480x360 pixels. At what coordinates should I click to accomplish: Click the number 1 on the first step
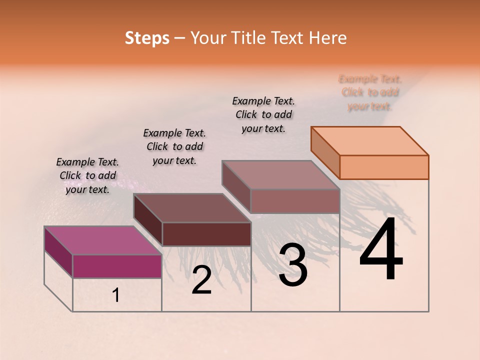point(116,295)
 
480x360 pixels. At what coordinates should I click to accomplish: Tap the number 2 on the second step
point(201,280)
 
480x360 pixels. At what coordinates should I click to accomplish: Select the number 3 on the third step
point(293,265)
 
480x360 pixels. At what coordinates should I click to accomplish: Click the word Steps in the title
point(147,38)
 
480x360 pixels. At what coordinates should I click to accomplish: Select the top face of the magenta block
point(102,240)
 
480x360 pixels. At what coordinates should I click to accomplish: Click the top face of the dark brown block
point(192,208)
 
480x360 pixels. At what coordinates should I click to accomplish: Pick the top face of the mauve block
point(281,175)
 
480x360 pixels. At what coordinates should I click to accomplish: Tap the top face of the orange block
point(370,140)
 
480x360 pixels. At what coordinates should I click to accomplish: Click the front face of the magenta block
point(117,266)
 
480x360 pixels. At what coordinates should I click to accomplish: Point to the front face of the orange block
point(384,167)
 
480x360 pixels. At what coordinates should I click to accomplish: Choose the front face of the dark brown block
point(206,234)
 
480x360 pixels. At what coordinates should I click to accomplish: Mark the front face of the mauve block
point(295,201)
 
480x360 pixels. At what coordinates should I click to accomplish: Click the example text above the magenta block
point(87,175)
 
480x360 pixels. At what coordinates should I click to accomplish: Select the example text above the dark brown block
point(174,146)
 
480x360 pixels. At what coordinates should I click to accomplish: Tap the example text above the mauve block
point(263,114)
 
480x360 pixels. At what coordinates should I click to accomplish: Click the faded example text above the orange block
point(370,92)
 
